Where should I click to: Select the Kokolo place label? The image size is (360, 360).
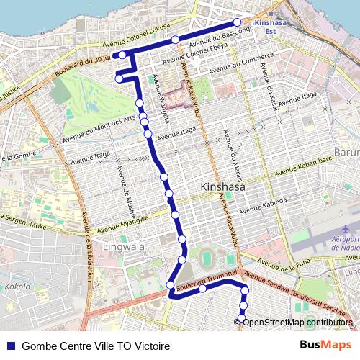[x=17, y=286]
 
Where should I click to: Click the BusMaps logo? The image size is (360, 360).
[x=326, y=345]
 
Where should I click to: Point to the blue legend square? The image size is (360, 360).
[x=10, y=346]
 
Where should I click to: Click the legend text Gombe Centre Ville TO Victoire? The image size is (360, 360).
[x=96, y=346]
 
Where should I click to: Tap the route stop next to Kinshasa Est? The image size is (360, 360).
[x=237, y=22]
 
